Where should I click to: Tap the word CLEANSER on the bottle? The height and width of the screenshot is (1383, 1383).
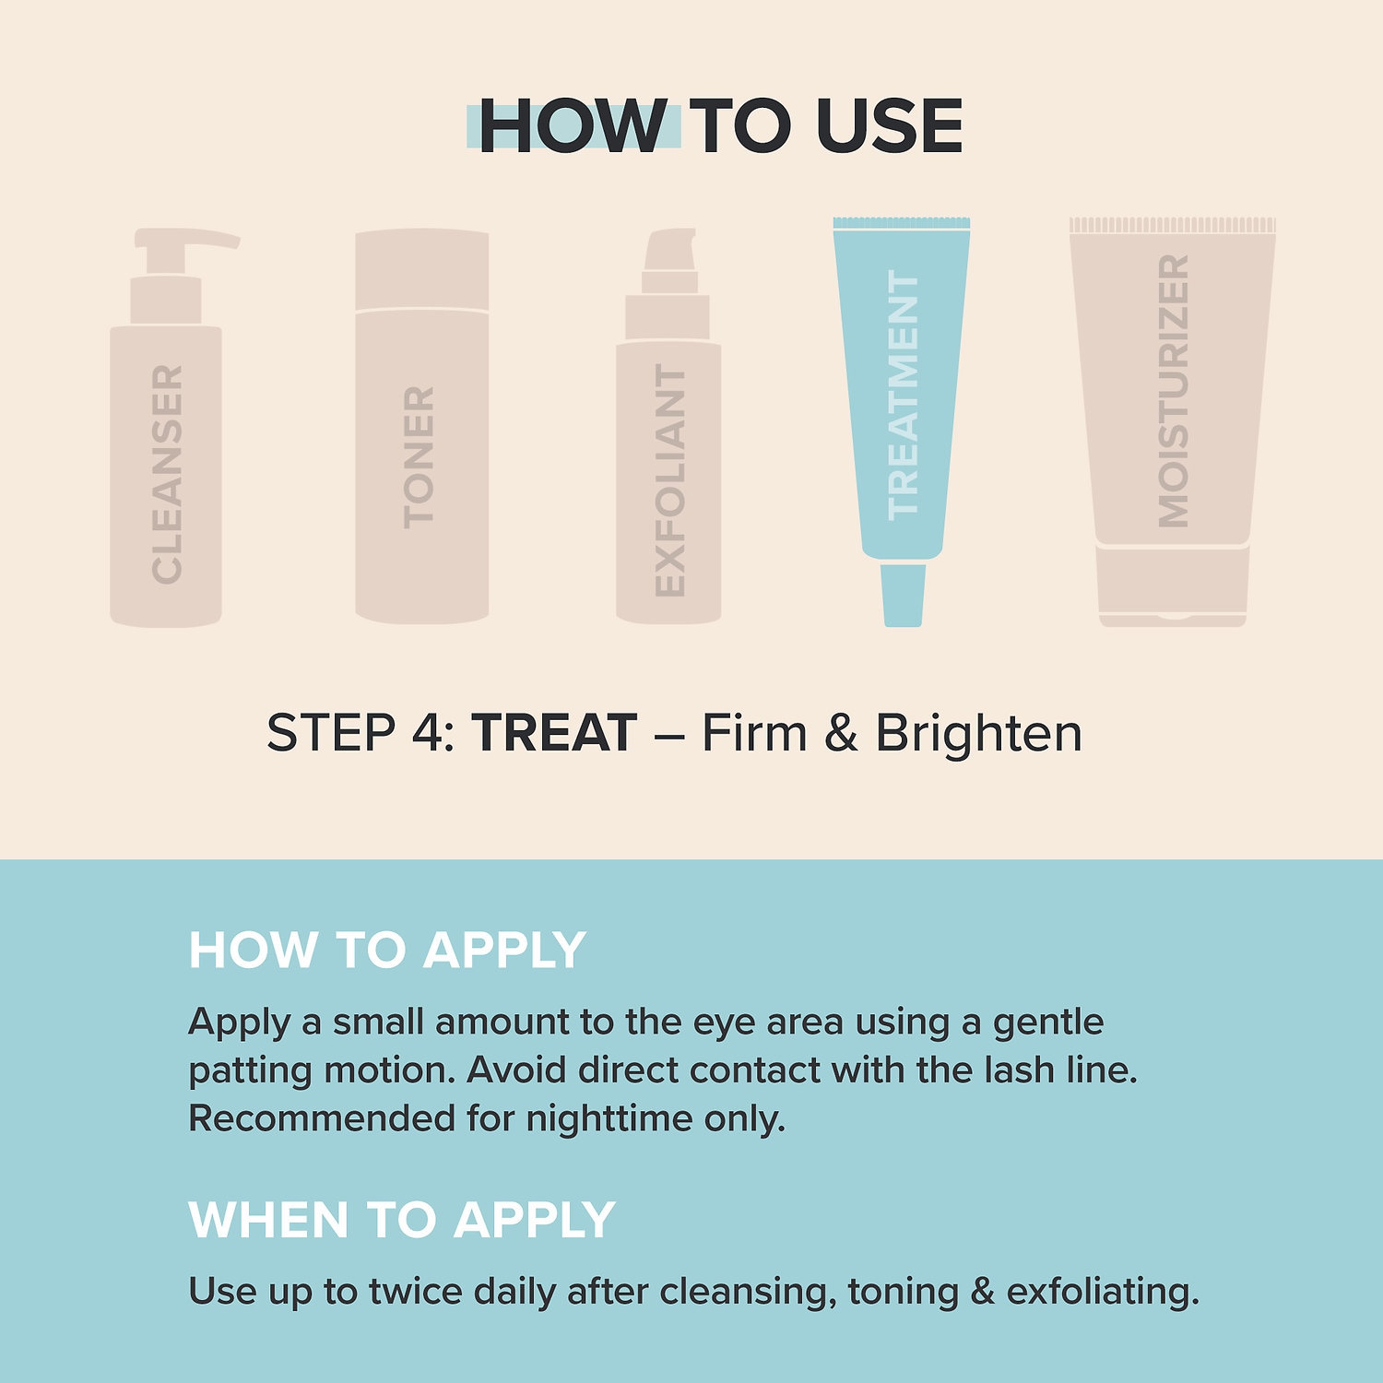pyautogui.click(x=168, y=475)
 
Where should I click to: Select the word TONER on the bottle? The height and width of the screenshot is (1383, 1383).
pyautogui.click(x=419, y=457)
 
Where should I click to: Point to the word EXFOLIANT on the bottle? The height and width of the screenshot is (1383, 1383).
pyautogui.click(x=670, y=480)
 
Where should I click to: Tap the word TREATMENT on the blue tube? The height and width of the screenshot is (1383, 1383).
pyautogui.click(x=903, y=396)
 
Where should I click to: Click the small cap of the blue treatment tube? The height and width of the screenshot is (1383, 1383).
pyautogui.click(x=903, y=596)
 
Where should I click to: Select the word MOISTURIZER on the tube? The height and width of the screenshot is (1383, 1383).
pyautogui.click(x=1174, y=392)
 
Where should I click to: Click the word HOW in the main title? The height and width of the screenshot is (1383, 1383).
pyautogui.click(x=573, y=126)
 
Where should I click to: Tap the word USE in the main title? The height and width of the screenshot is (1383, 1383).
pyautogui.click(x=889, y=126)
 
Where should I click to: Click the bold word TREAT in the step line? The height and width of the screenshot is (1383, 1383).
pyautogui.click(x=554, y=733)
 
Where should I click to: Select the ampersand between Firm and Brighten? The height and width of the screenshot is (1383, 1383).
pyautogui.click(x=841, y=733)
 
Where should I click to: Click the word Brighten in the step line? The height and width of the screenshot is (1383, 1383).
pyautogui.click(x=978, y=733)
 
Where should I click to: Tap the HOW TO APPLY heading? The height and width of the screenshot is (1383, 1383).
pyautogui.click(x=387, y=950)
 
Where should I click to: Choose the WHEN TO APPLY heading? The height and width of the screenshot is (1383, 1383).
pyautogui.click(x=402, y=1220)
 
